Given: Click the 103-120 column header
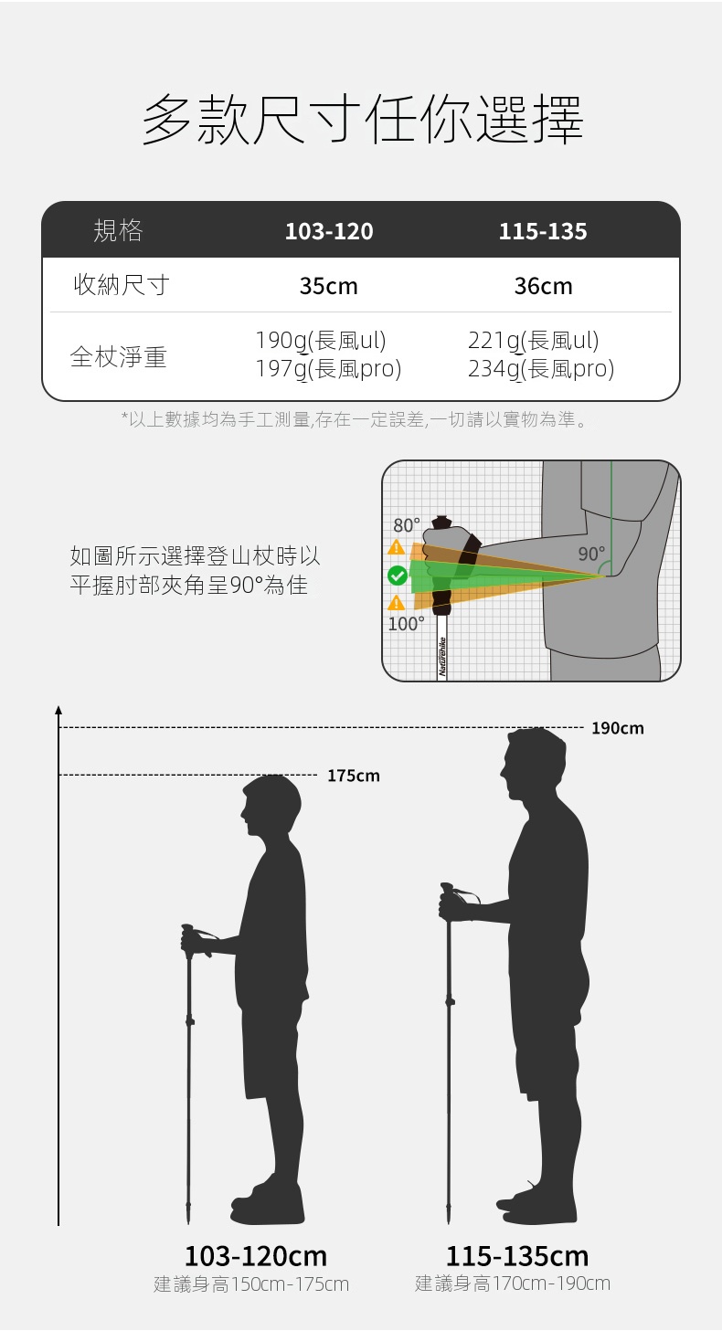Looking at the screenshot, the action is pos(329,231).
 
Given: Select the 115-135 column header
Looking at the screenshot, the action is pos(543,231).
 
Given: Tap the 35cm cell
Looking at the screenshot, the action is pos(329,286).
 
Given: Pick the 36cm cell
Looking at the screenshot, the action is pos(543,286).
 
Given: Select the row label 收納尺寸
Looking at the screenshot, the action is pos(122,285).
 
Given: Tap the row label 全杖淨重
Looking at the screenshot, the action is pos(118,356).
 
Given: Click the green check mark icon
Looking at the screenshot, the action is pos(397,576).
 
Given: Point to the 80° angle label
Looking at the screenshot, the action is pos(407,525).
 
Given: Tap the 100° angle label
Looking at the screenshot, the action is pos(407,624).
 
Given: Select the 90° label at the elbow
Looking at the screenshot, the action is pos(592,554).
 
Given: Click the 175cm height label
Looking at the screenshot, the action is pos(354,776).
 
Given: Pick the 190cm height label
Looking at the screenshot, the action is pos(618,728).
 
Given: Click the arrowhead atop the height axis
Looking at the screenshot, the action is pos(58,710).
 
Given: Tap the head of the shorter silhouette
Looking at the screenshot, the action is pos(271,804).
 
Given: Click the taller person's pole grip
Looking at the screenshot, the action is pos(446,901).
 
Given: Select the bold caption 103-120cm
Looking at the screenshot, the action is pos(256,1256).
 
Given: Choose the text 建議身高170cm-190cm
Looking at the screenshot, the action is pos(513,1283).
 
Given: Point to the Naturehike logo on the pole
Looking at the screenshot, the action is pos(442,657).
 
